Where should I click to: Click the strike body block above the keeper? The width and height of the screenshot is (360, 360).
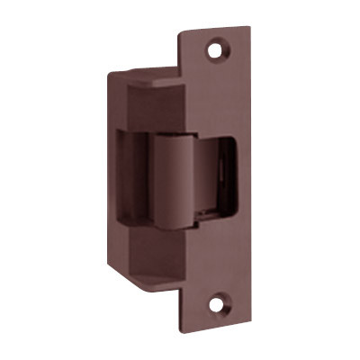(157, 103)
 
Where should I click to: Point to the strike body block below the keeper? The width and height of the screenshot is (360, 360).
(157, 261)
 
